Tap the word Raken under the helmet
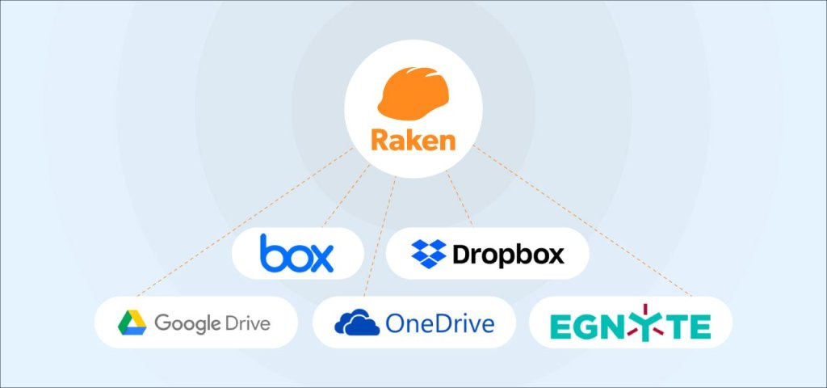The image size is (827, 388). click(413, 140)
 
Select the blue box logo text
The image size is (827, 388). click(296, 254)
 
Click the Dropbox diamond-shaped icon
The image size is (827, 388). click(428, 254)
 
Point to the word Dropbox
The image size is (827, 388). click(508, 255)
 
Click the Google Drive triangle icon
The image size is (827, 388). click(132, 323)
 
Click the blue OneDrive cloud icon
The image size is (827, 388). click(356, 323)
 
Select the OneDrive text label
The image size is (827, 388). click(440, 324)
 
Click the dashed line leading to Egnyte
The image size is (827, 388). click(581, 222)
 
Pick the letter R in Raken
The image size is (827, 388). click(380, 140)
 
